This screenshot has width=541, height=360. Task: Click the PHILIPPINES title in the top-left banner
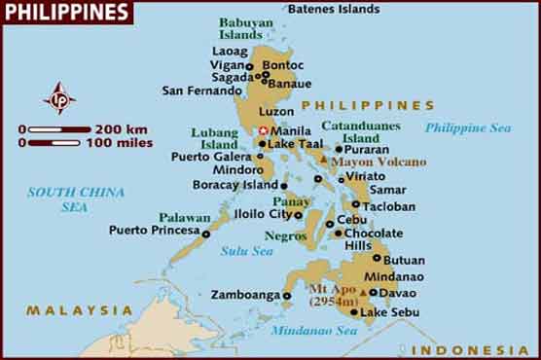tap(66, 13)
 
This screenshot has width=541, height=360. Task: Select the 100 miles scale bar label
tap(124, 143)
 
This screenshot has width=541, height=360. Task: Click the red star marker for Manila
tap(260, 130)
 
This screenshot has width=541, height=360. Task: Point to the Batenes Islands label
tap(333, 9)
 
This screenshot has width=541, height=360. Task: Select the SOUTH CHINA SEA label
tap(66, 199)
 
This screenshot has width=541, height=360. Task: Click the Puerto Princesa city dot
tap(205, 233)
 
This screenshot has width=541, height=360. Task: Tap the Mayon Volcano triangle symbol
tap(324, 159)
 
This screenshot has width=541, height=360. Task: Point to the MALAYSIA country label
tap(79, 310)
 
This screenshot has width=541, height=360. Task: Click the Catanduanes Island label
tap(362, 131)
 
